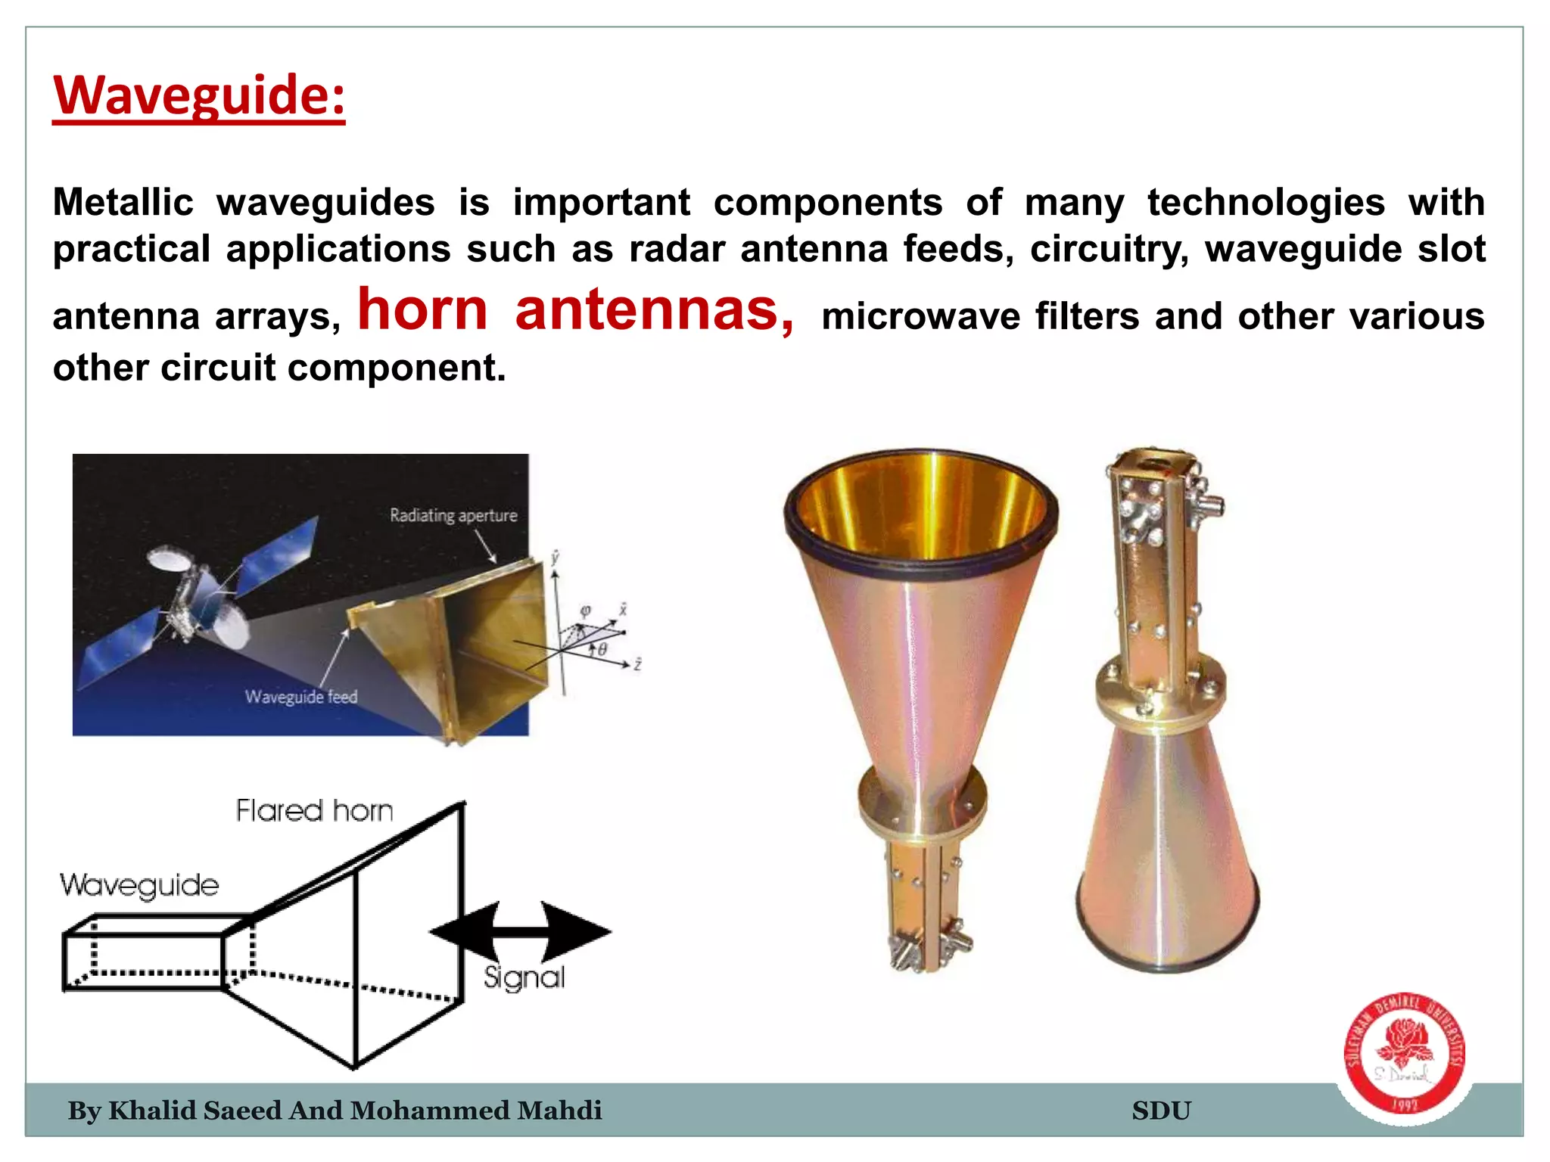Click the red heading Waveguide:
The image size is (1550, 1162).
199,95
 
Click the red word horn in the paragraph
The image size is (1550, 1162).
422,310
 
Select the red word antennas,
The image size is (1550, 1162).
654,310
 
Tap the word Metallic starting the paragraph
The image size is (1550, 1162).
123,203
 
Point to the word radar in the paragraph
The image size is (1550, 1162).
677,250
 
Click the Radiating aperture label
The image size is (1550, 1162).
453,516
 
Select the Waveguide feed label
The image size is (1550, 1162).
300,697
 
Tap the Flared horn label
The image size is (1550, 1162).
314,811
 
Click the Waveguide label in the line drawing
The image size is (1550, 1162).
139,885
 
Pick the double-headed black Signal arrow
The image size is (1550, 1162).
521,931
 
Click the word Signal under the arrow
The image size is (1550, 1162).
524,978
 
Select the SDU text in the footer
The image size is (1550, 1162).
1161,1111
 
